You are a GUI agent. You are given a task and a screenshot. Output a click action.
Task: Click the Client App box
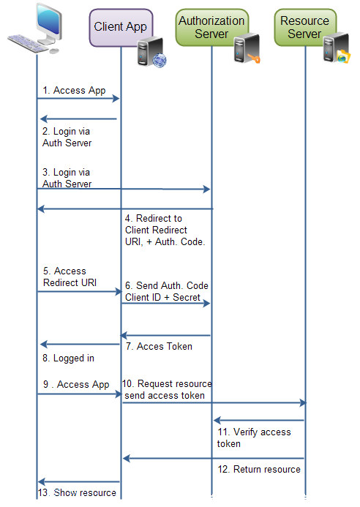pos(121,28)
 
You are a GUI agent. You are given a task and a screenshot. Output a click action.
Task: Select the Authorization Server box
pos(212,27)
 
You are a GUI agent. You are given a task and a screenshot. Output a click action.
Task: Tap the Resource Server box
pos(305,27)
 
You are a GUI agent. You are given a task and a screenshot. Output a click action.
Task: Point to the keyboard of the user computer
pos(29,44)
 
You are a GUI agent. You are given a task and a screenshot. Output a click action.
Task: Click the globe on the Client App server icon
pos(160,61)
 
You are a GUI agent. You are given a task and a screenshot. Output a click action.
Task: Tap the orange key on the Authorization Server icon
pos(254,59)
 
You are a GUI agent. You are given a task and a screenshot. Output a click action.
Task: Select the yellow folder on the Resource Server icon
pos(343,56)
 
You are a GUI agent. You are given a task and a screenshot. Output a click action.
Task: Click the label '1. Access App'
pos(74,91)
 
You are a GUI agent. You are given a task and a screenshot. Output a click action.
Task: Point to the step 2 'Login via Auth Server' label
pos(67,137)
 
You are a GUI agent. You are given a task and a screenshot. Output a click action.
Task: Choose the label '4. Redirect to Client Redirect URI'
pos(165,230)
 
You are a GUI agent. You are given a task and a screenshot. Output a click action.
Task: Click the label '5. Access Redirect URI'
pos(70,277)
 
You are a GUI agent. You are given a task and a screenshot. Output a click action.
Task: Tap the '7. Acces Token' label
pos(159,346)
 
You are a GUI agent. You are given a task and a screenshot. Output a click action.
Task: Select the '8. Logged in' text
pos(68,358)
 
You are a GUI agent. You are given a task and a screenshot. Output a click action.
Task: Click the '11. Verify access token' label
pos(254,437)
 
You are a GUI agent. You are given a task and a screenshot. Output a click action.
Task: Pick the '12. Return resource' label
pos(259,469)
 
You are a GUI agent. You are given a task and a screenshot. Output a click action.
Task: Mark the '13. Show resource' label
pos(77,492)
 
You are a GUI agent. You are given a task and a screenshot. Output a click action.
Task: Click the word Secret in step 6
pos(187,297)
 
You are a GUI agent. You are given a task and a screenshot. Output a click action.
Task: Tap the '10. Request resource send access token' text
pos(167,389)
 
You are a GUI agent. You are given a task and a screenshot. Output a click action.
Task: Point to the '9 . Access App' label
pos(76,384)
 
